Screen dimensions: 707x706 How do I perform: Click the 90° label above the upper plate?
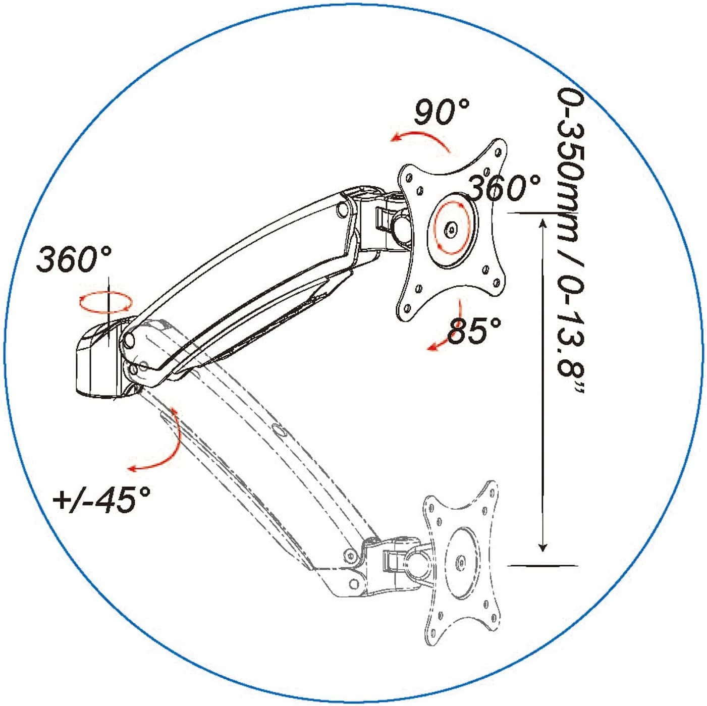click(442, 112)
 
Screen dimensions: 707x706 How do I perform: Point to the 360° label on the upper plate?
click(505, 188)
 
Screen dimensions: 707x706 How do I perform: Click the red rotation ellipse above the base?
click(106, 302)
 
